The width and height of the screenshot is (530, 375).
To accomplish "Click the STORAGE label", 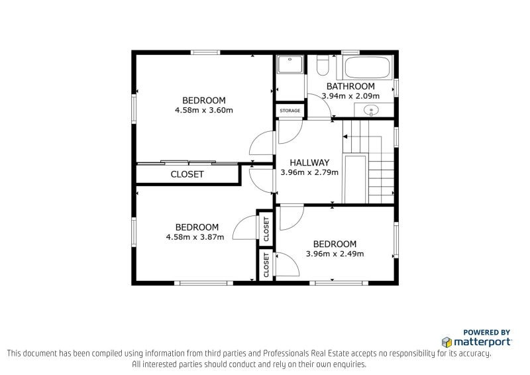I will click(290, 111).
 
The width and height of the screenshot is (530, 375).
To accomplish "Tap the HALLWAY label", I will click(309, 162).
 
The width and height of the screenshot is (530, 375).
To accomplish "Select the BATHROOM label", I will click(350, 86).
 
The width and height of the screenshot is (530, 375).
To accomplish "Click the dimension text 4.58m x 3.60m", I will click(204, 110).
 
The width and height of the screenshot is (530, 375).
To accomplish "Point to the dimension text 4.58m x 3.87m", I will click(195, 237).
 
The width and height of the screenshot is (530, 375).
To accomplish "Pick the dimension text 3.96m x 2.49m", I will click(335, 253).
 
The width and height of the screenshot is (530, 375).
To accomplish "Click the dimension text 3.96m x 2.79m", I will click(309, 172).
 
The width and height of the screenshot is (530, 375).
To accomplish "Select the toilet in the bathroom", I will click(323, 65).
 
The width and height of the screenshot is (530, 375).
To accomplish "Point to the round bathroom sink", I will click(372, 110).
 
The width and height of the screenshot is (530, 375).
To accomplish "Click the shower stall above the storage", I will click(290, 65).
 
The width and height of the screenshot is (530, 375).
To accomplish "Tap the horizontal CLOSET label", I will click(187, 175).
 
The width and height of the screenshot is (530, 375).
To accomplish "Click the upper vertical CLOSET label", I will click(266, 229).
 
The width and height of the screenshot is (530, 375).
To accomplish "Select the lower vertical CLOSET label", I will click(266, 265).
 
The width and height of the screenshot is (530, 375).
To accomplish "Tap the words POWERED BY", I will click(487, 332).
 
